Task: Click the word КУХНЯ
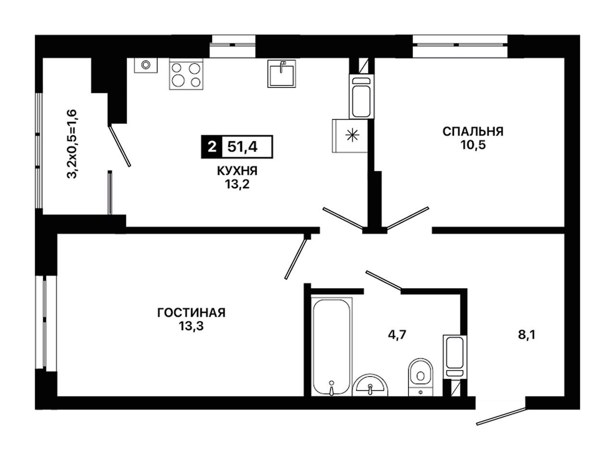pyautogui.click(x=237, y=171)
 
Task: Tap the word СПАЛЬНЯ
pyautogui.click(x=473, y=132)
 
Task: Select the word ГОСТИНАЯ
pyautogui.click(x=191, y=313)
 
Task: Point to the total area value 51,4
pyautogui.click(x=242, y=146)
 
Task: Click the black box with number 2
pyautogui.click(x=212, y=146)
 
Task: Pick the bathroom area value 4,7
pyautogui.click(x=397, y=335)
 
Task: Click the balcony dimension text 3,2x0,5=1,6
pyautogui.click(x=72, y=144)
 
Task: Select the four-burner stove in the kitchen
pyautogui.click(x=186, y=74)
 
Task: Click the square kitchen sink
pyautogui.click(x=281, y=73)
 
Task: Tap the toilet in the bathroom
pyautogui.click(x=420, y=377)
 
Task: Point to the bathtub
pyautogui.click(x=332, y=347)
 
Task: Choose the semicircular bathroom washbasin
pyautogui.click(x=370, y=386)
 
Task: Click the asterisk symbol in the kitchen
pyautogui.click(x=352, y=136)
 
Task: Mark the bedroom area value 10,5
pyautogui.click(x=473, y=145)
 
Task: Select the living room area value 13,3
pyautogui.click(x=191, y=326)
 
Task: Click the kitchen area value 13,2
pyautogui.click(x=237, y=184)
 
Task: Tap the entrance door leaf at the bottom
pyautogui.click(x=501, y=417)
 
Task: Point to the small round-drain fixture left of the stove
pyautogui.click(x=146, y=65)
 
